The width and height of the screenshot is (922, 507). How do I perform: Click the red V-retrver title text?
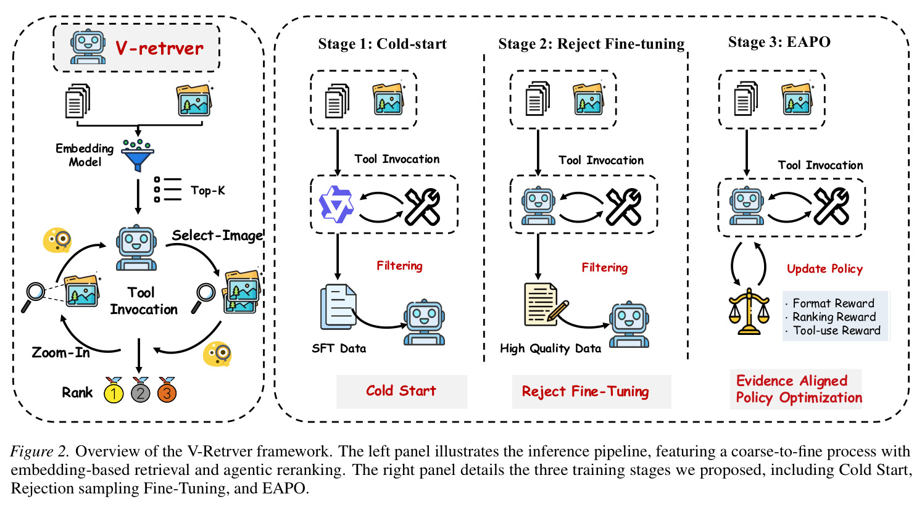tap(159, 49)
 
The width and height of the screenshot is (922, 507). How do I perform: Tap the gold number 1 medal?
tap(114, 390)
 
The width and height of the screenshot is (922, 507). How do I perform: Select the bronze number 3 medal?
tap(167, 390)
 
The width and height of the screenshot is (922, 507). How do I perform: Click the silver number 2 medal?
tap(140, 390)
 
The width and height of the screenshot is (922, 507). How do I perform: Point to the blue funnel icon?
tap(138, 155)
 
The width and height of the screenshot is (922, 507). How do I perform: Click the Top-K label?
tap(208, 191)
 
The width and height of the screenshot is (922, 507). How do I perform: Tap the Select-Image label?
tap(217, 236)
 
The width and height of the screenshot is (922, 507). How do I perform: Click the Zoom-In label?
tap(61, 353)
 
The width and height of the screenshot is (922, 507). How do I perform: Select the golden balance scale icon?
tap(749, 311)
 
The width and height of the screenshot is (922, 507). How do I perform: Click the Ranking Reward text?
tap(834, 317)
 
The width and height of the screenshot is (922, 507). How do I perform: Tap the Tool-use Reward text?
tap(836, 331)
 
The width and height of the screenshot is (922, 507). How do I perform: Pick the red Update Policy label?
tap(825, 269)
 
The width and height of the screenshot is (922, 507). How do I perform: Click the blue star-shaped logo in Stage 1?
tap(336, 204)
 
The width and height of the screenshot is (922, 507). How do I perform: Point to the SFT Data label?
tap(339, 348)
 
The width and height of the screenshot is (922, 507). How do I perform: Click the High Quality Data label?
tap(550, 348)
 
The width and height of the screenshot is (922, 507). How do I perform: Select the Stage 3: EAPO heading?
tap(779, 42)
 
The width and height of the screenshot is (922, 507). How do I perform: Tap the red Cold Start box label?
tap(401, 390)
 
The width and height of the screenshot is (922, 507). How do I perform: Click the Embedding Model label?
tap(85, 155)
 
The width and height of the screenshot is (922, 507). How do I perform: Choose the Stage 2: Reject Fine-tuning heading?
tap(591, 44)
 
